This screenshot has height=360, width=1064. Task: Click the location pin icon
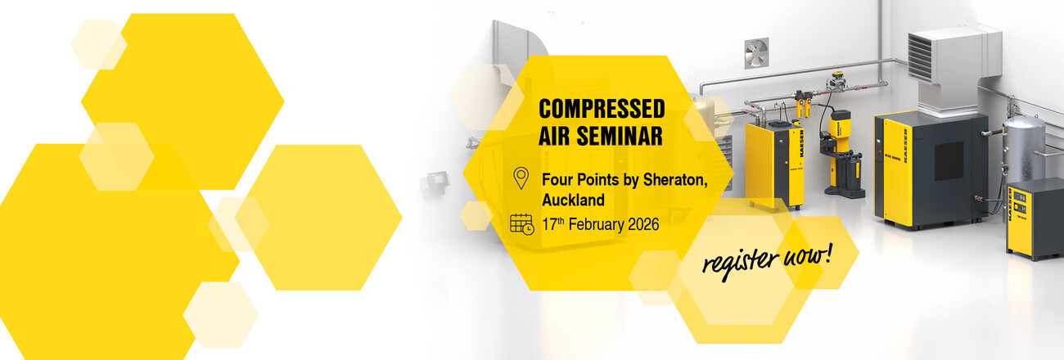[521, 178]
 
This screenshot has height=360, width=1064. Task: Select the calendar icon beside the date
[521, 223]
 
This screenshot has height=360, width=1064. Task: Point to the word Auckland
[573, 200]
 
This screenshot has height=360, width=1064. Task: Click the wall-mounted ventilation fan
[756, 53]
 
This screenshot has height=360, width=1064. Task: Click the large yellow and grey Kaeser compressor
[929, 168]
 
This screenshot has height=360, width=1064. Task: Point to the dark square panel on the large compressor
[949, 160]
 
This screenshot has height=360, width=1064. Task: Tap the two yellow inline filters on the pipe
[799, 110]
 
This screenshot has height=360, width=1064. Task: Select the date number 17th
[554, 223]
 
